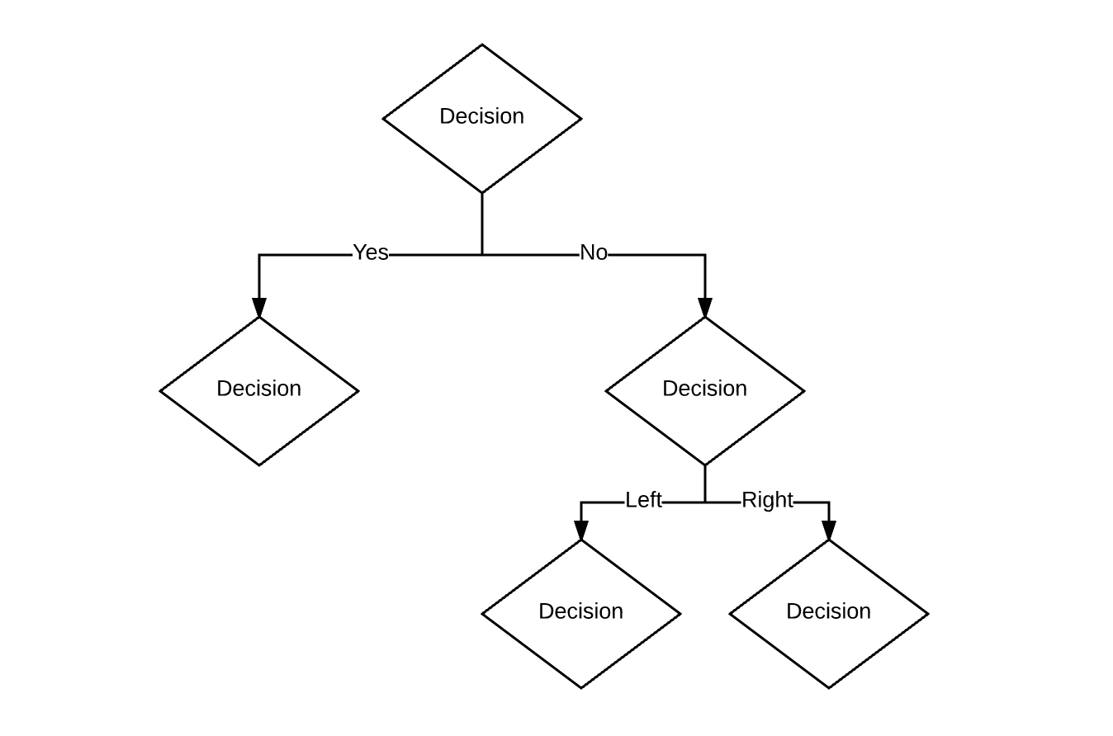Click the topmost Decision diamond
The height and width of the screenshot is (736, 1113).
click(482, 118)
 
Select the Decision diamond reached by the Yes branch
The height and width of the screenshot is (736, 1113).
click(259, 390)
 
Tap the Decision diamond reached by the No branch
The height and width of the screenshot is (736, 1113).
click(705, 390)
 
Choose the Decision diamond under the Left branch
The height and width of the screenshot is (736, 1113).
click(581, 613)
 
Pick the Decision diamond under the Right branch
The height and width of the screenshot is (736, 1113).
click(829, 613)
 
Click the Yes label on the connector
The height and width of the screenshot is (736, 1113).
click(371, 252)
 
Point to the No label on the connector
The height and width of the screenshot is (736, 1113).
click(594, 252)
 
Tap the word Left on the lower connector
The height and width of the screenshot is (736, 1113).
click(643, 500)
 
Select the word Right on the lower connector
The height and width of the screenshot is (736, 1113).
click(767, 500)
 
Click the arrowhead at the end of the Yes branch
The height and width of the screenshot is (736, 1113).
click(259, 307)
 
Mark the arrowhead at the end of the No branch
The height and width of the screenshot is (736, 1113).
click(705, 307)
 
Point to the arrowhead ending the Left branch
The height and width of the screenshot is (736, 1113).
click(581, 531)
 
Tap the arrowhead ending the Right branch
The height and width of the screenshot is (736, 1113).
click(829, 531)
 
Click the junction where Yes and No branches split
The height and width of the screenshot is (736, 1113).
click(482, 255)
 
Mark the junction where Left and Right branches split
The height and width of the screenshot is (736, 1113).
click(705, 502)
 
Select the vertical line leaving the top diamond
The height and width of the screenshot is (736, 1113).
click(482, 223)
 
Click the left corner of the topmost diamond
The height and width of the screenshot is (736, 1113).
click(384, 119)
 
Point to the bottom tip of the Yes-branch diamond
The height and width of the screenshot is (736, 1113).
click(259, 465)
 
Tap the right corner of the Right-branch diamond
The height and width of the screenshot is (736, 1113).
click(927, 614)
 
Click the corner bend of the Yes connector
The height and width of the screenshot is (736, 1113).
click(259, 255)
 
